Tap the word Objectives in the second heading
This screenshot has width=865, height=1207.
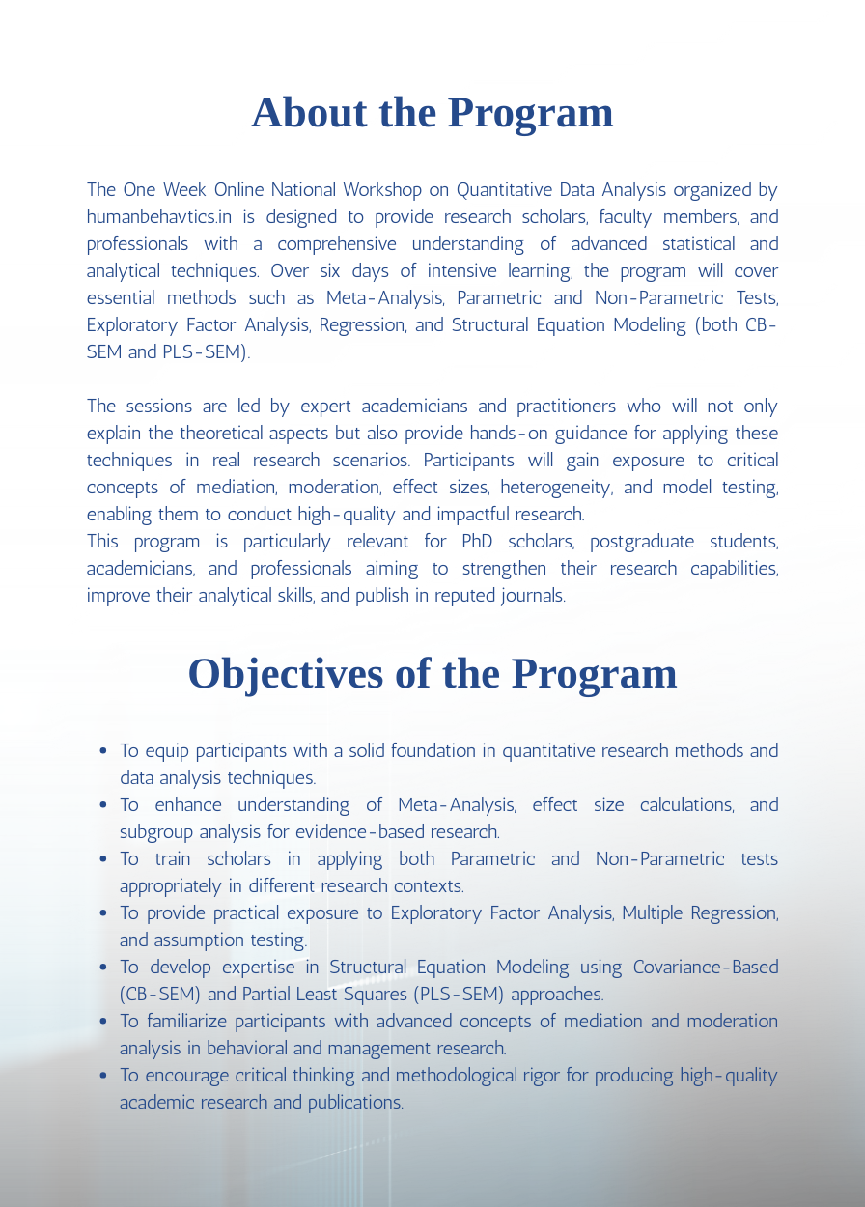(x=285, y=673)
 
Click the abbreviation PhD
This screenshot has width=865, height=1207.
(x=478, y=542)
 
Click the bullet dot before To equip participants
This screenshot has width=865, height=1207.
(x=103, y=751)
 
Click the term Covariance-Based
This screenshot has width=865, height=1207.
(x=706, y=968)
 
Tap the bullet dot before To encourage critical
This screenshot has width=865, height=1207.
(x=103, y=1076)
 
